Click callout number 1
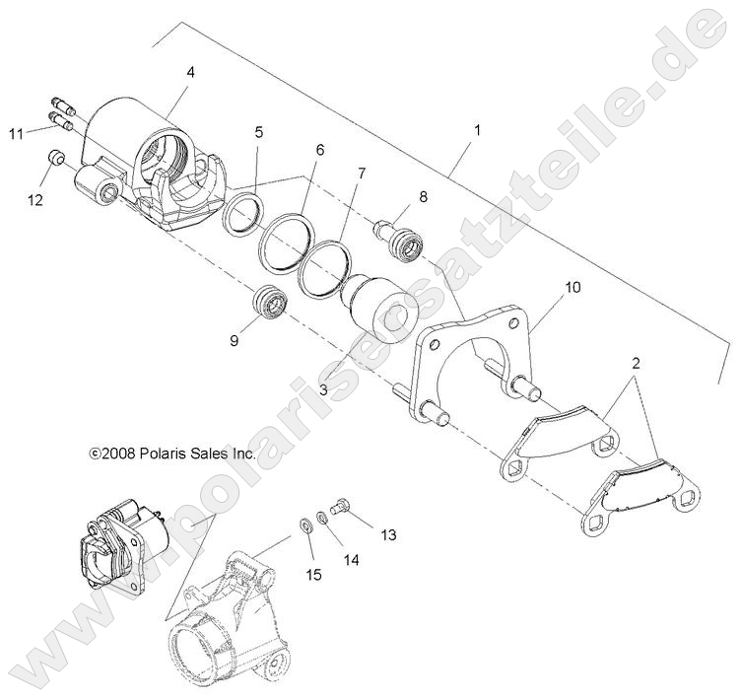[x=478, y=130]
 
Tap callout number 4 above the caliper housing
[x=190, y=72]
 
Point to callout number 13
[x=387, y=535]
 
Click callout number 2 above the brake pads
[x=636, y=363]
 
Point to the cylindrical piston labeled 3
[x=379, y=314]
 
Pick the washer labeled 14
[x=322, y=518]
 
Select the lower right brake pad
[x=636, y=492]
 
